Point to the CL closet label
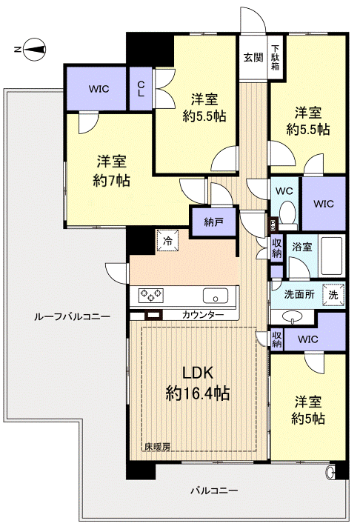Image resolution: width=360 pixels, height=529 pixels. [x=140, y=89]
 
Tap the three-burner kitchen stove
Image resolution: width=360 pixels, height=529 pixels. [x=151, y=295]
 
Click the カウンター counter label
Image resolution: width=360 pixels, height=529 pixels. [x=203, y=315]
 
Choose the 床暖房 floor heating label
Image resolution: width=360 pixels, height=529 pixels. [x=157, y=446]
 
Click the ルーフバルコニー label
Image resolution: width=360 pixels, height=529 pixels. [x=72, y=316]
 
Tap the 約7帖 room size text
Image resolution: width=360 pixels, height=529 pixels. [x=113, y=180]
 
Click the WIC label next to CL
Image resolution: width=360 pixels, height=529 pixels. [x=99, y=89]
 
